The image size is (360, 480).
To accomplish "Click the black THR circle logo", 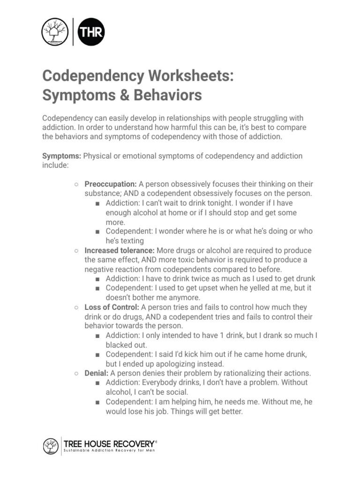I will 91,32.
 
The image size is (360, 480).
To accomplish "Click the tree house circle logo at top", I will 55,32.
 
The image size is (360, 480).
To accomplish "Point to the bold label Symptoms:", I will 62,156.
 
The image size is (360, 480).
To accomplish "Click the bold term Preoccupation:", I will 111,184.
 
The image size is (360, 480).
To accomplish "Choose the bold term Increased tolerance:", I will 120,250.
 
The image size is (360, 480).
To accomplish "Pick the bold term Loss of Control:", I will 112,307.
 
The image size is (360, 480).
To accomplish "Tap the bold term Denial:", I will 97,373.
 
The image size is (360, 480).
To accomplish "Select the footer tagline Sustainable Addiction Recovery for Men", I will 109,451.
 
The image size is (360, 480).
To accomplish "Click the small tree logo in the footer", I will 51,446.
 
